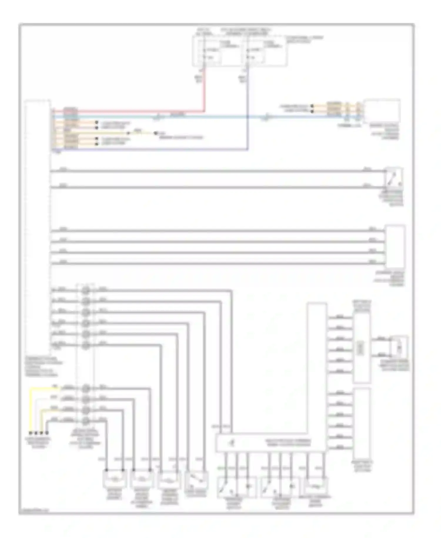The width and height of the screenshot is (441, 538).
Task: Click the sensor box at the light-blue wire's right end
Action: pyautogui.click(x=382, y=111)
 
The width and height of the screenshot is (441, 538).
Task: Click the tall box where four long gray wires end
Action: pyautogui.click(x=395, y=246)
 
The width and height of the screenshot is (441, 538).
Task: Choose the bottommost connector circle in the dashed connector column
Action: pyautogui.click(x=86, y=421)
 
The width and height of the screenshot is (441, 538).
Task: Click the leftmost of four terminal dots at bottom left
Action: pyautogui.click(x=30, y=433)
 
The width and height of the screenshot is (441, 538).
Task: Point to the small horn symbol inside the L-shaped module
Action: pyautogui.click(x=233, y=442)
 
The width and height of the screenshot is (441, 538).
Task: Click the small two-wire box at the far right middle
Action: pyautogui.click(x=399, y=348)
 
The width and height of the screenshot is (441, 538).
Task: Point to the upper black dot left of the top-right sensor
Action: pyautogui.click(x=312, y=106)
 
